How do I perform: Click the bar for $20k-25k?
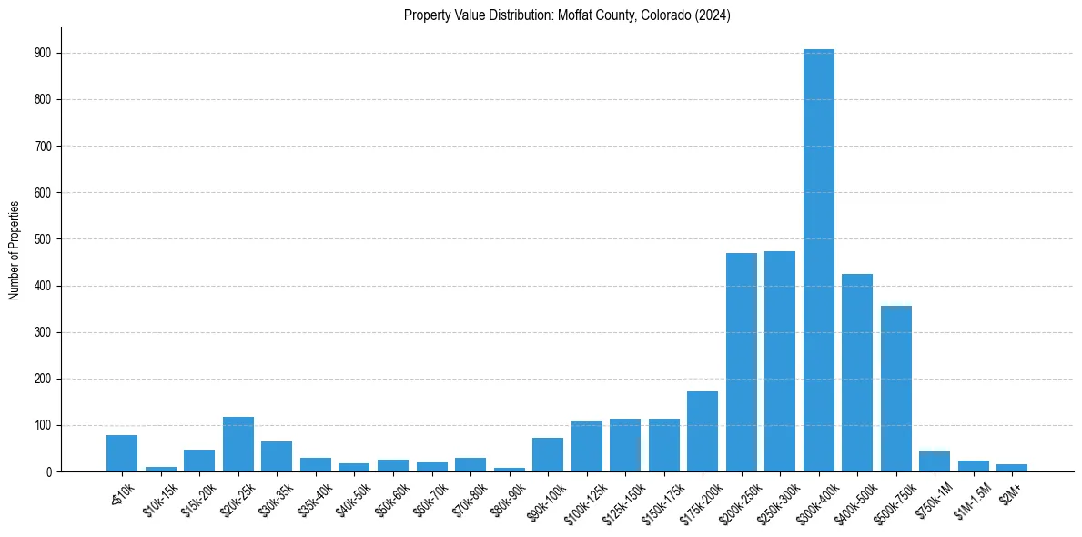coord(238,444)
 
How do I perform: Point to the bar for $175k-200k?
coord(703,431)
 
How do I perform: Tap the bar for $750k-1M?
coord(935,461)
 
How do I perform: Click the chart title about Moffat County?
coord(567,15)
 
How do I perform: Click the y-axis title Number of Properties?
coord(15,250)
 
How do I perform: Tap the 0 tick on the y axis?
coord(52,471)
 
